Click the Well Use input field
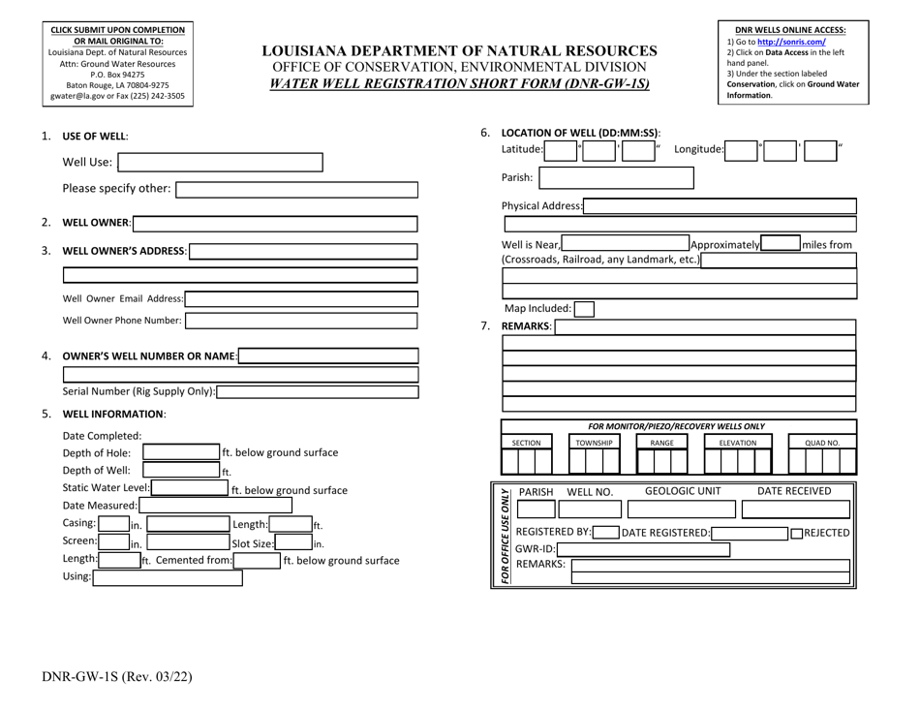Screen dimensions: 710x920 tap(220, 162)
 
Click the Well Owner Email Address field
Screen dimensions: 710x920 tap(301, 299)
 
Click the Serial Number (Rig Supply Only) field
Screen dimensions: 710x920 tap(318, 392)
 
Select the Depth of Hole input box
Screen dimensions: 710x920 tap(181, 452)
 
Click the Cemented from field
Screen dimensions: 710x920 tap(255, 560)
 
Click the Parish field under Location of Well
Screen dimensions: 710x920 tap(616, 178)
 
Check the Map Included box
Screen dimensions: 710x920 tap(584, 309)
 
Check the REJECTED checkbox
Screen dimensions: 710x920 tap(796, 534)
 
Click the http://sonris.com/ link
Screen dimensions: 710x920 tap(790, 42)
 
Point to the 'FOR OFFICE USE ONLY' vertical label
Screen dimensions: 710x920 tap(504, 535)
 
